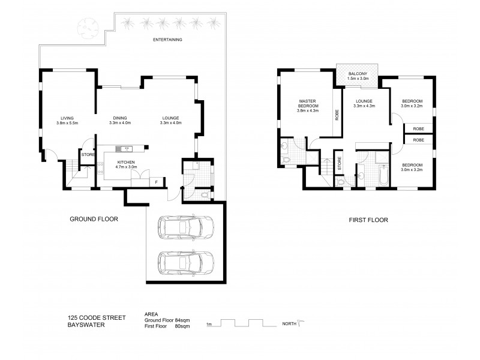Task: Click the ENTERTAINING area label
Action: [168, 40]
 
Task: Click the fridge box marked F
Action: [157, 181]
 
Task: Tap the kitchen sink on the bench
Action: [125, 148]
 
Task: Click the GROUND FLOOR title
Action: [94, 220]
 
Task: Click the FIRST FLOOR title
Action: [368, 220]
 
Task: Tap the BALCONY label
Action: [358, 73]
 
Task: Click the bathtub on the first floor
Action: [382, 174]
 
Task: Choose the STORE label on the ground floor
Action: [87, 154]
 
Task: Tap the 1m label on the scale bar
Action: [209, 325]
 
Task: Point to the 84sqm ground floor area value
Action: [191, 320]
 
